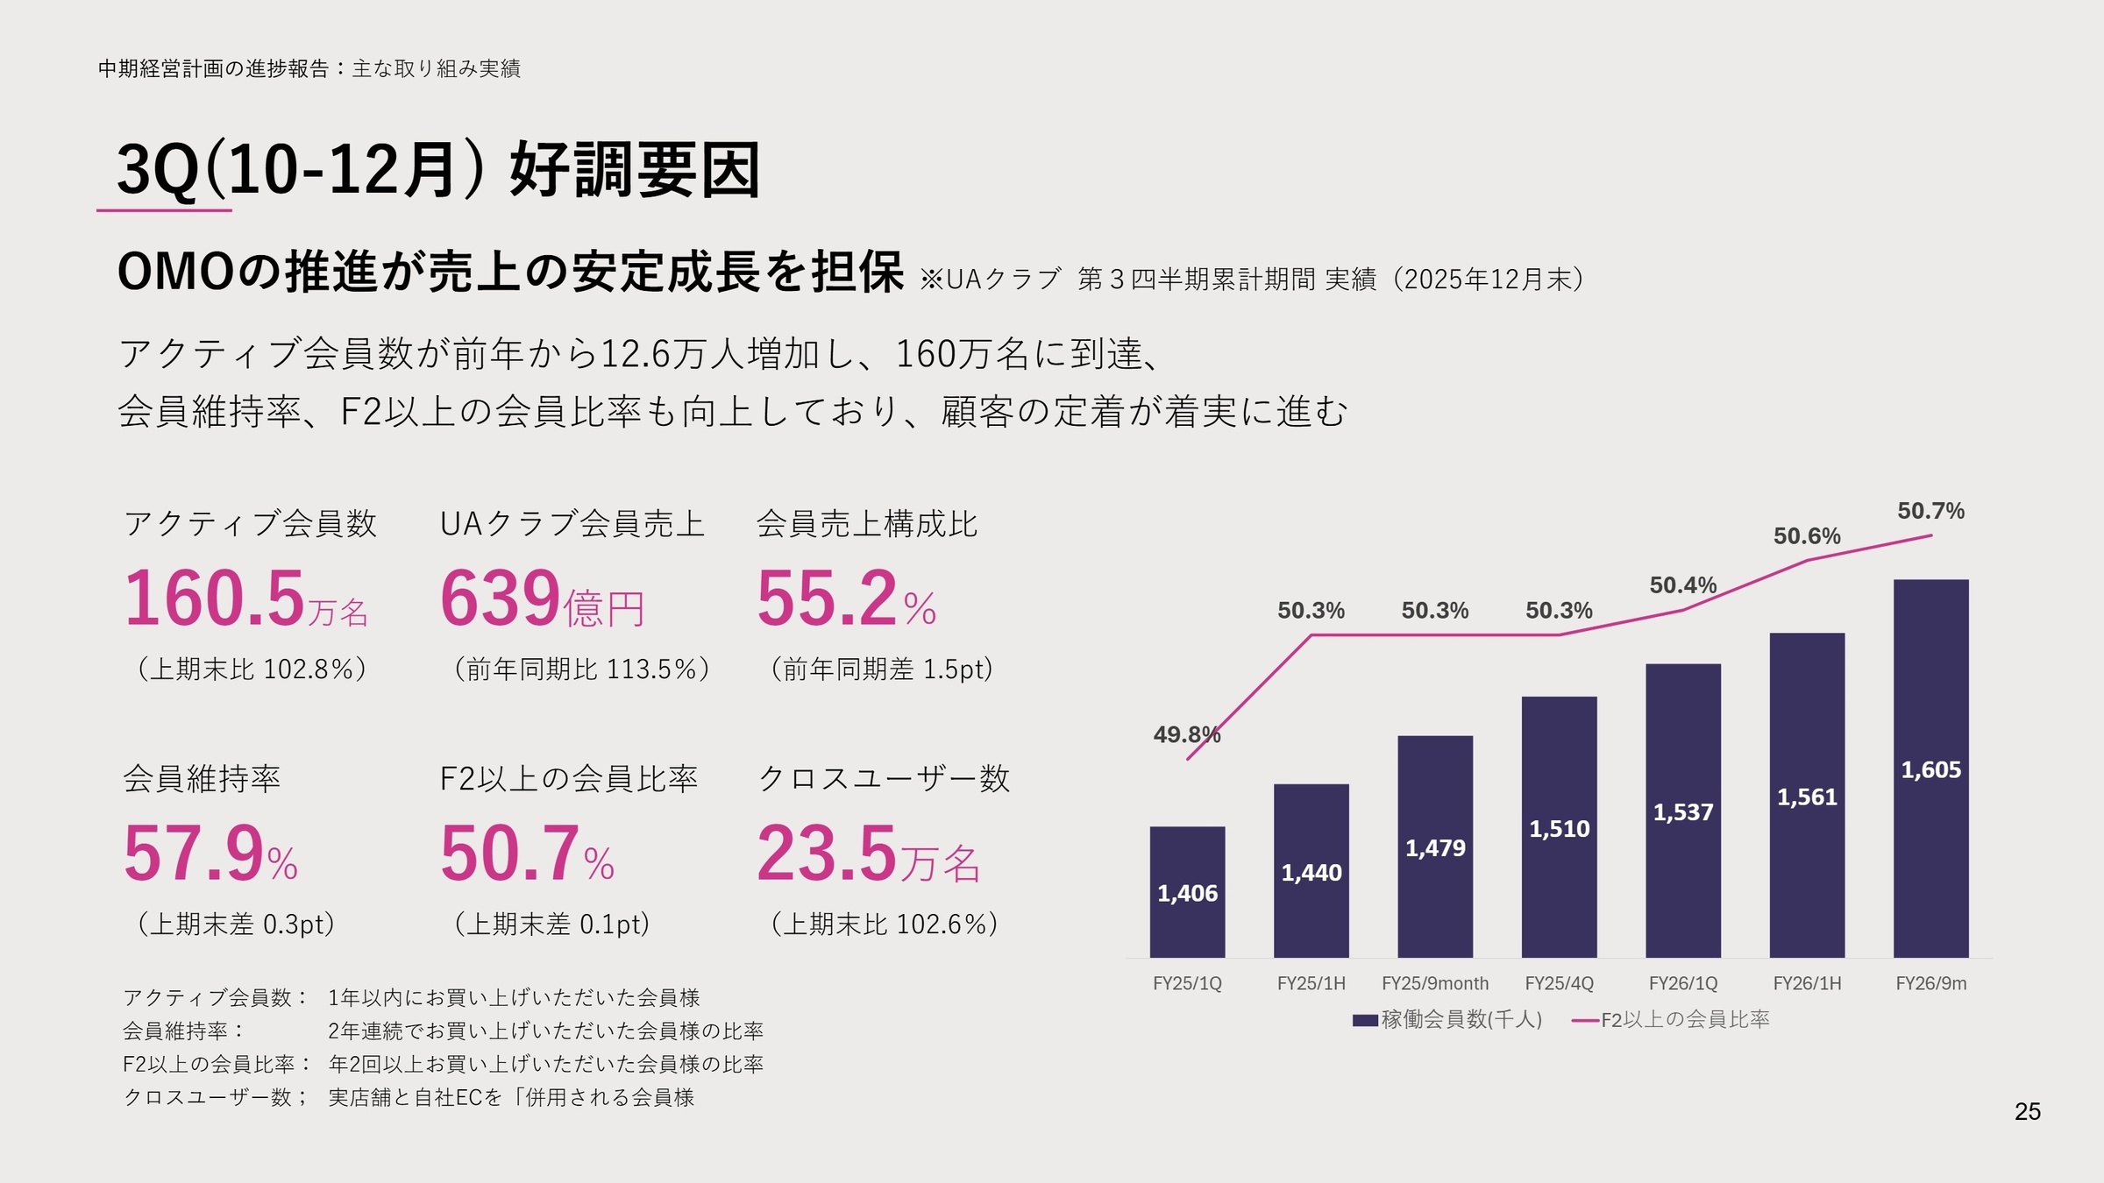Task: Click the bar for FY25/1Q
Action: click(1187, 891)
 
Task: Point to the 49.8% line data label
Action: click(1186, 734)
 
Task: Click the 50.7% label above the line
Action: click(1930, 510)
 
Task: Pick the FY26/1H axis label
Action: click(1807, 983)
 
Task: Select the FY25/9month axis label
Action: click(1435, 983)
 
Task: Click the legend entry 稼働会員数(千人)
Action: click(1461, 1019)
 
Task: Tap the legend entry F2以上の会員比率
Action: click(1684, 1019)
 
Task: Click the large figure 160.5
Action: click(215, 599)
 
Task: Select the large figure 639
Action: click(500, 599)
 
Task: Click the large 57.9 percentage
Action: click(194, 854)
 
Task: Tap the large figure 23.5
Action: click(827, 854)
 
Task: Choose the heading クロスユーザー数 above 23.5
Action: click(884, 778)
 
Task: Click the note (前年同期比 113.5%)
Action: click(581, 669)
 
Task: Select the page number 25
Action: click(2027, 1111)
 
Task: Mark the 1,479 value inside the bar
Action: click(1435, 847)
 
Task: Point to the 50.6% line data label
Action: click(1807, 535)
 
